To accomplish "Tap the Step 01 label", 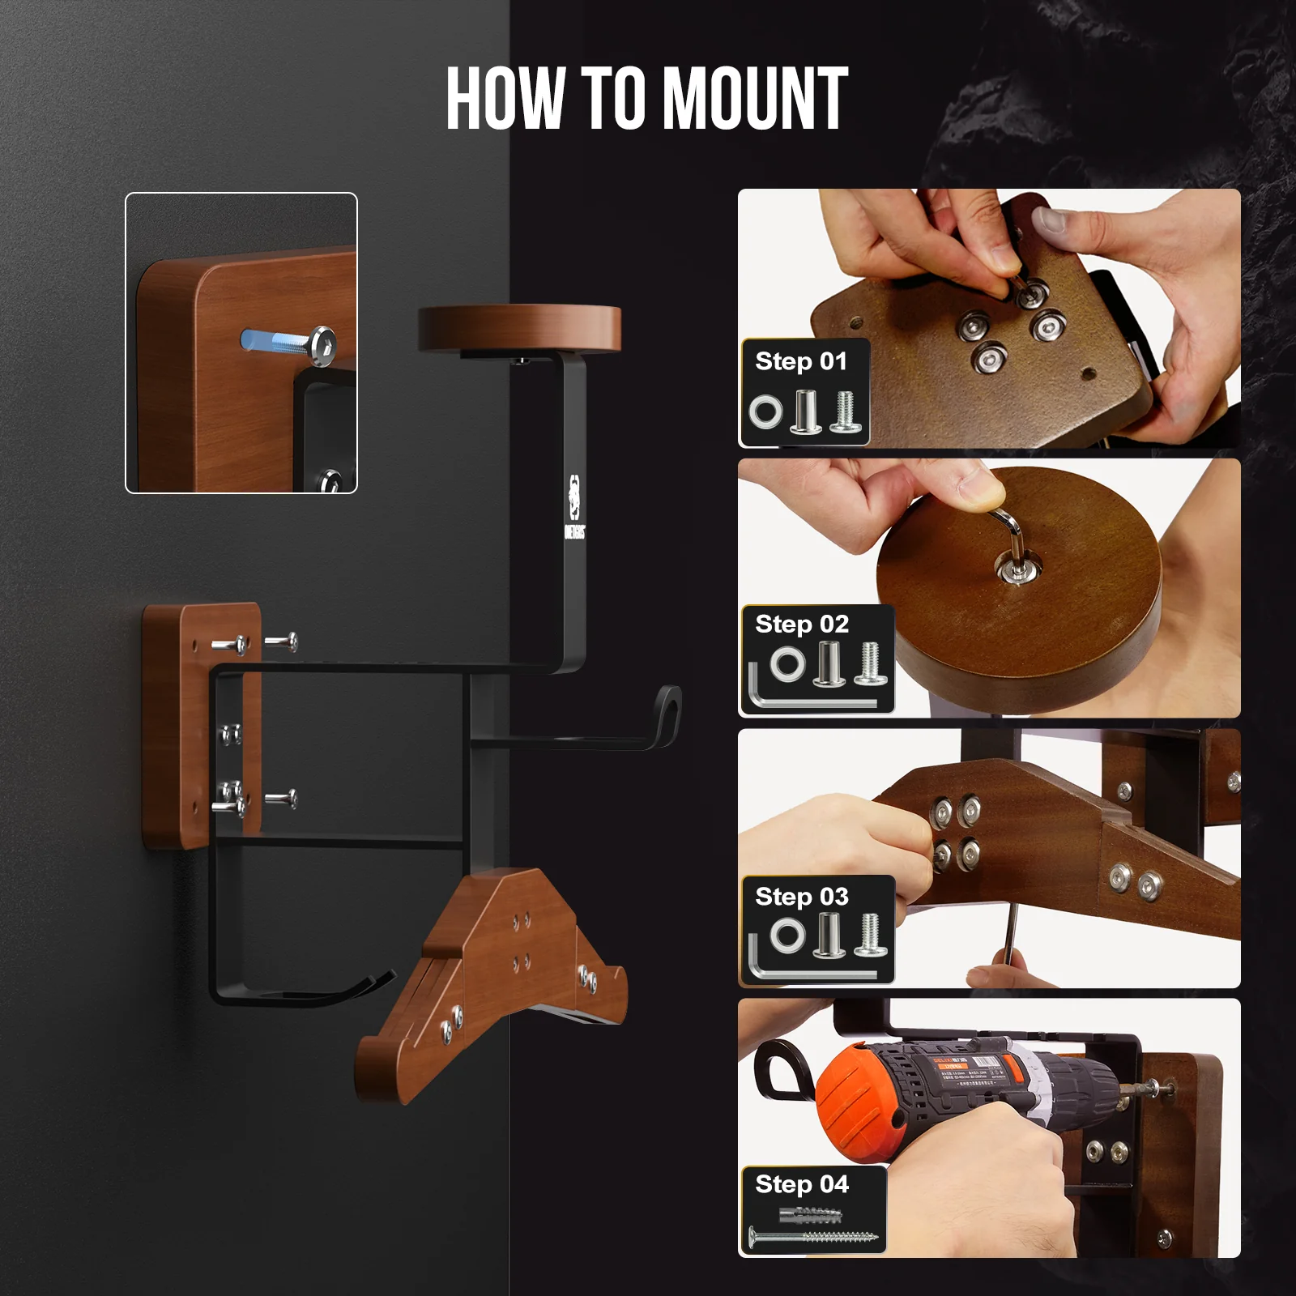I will [800, 361].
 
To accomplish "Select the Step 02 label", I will [801, 625].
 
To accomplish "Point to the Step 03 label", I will [801, 897].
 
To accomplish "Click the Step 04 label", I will [801, 1184].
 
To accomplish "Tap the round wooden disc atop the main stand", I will [519, 327].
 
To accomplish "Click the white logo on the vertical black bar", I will [573, 507].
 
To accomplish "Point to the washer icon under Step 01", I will [765, 411].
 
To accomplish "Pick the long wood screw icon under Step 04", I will [812, 1238].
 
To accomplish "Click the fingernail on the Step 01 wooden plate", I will [1051, 220].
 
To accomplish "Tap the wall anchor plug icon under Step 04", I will [810, 1214].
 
